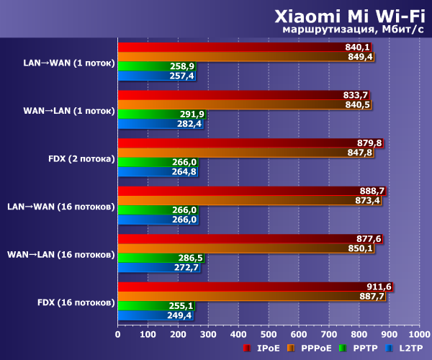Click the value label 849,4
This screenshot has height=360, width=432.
tap(360, 56)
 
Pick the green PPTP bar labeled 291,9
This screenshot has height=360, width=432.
tap(151, 114)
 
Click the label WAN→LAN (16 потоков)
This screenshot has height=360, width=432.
tap(60, 254)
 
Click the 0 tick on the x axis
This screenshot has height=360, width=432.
tap(118, 334)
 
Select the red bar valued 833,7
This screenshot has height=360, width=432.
tap(230, 94)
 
